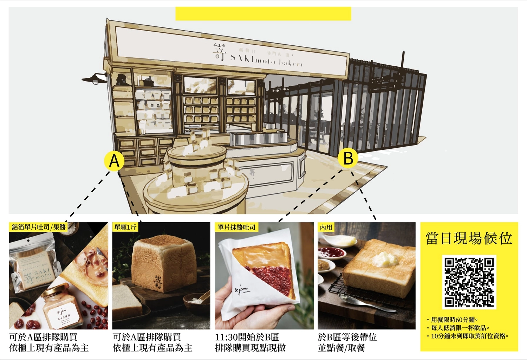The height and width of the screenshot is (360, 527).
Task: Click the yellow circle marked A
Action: pos(115,161)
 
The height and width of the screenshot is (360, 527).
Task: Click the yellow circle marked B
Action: pos(348,158)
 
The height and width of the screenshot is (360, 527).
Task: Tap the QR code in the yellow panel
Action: pos(469,282)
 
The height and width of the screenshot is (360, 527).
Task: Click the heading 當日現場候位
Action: pos(469,238)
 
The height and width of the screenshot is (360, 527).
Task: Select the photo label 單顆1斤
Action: pos(125,227)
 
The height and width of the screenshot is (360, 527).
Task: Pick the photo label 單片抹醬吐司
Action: pos(236,227)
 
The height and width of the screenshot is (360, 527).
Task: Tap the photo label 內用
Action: pos(326,227)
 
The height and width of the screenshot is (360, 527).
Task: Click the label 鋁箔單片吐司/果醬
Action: pos(39,227)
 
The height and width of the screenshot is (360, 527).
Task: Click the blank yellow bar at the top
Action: pos(263,13)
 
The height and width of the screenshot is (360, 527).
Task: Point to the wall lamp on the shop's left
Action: pos(94,78)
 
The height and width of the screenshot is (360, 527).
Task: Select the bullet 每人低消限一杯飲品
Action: pos(460,328)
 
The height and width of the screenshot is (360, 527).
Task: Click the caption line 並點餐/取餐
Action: pos(341,348)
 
